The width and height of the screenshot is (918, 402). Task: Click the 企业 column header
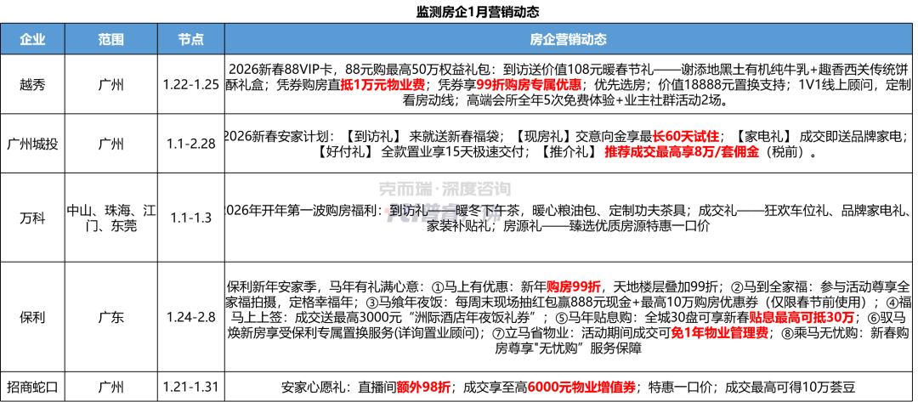coord(32,39)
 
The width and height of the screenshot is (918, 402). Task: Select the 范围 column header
coord(111,39)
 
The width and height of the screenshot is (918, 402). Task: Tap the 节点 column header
coord(190,39)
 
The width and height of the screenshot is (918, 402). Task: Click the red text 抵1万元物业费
coord(382,84)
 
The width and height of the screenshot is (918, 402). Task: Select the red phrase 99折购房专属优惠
coord(529,84)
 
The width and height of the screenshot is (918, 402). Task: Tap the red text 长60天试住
coord(685,136)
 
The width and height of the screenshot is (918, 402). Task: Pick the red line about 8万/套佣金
coord(682,151)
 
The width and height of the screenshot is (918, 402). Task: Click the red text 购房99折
coord(573,286)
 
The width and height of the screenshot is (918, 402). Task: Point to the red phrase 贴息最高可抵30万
coord(802,317)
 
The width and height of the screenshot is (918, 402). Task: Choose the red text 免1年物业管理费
coord(719,333)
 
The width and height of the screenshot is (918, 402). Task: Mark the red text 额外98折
coord(423,387)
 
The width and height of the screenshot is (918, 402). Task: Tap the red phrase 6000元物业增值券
coord(581,387)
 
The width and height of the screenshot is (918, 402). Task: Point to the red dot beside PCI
coord(386,209)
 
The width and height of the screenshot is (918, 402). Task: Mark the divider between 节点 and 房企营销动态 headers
coord(224,39)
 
